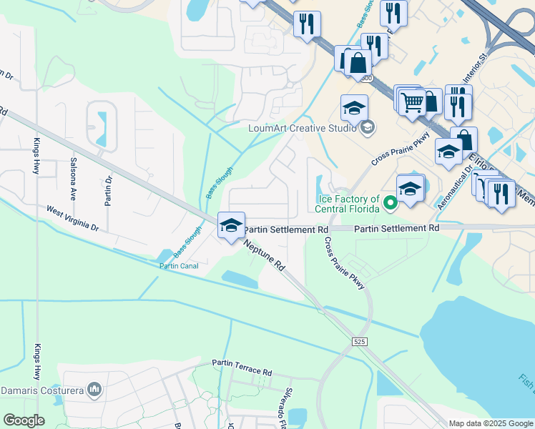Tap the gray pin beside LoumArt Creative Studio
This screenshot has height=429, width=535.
coord(368,129)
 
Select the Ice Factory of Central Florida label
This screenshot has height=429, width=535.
coord(348,204)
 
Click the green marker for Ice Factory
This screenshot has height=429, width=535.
coord(391,204)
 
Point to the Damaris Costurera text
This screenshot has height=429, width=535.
coord(41,390)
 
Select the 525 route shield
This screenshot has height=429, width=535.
coord(360,343)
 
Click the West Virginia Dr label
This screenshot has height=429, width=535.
coord(72,218)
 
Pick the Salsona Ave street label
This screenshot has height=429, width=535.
coord(72,179)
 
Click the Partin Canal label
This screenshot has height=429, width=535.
coord(179,266)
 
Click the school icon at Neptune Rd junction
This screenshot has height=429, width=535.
coord(231,225)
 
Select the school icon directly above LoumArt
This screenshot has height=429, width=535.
coord(353,108)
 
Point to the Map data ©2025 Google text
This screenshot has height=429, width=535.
coord(490,423)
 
